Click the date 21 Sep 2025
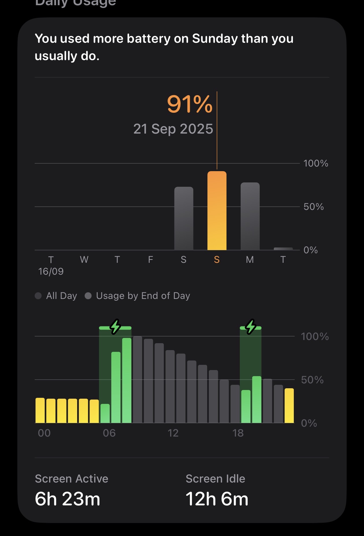tap(173, 129)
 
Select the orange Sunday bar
tap(217, 211)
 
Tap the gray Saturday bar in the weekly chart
tap(184, 219)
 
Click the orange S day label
tap(217, 260)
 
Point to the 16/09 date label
tap(51, 271)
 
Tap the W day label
tap(84, 260)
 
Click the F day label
tap(151, 260)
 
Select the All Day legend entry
tap(56, 296)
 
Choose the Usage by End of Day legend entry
tap(138, 296)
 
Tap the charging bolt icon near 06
tap(115, 327)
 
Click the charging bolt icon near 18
tap(250, 327)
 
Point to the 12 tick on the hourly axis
tap(173, 433)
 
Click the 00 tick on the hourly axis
tap(44, 433)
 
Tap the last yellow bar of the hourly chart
tap(289, 406)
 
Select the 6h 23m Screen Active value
tap(67, 499)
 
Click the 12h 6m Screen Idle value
tap(217, 499)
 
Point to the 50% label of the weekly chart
tap(313, 207)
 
